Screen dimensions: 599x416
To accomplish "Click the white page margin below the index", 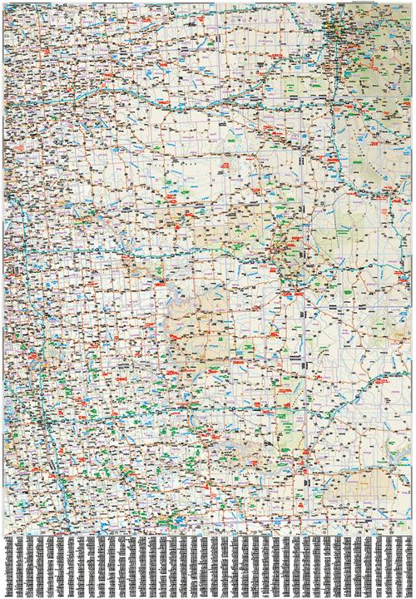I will click(x=208, y=596).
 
